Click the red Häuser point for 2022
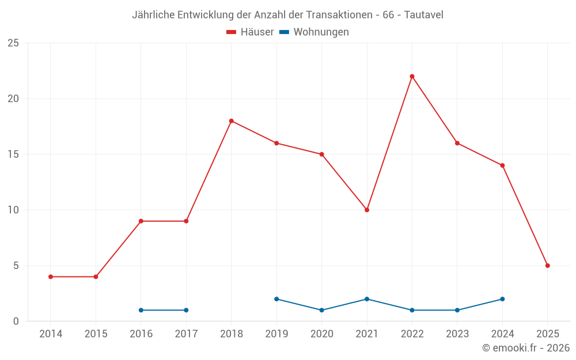412,76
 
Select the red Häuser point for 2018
231,121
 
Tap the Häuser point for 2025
547,266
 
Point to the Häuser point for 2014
51,276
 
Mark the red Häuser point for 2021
367,210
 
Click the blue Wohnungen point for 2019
276,299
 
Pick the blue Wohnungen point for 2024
502,299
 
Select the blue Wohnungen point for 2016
141,310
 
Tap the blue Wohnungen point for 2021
367,299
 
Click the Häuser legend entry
250,32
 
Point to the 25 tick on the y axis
13,43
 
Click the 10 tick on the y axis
13,210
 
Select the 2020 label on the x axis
321,334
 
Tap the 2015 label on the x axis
96,334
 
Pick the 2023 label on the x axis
457,334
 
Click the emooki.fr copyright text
525,348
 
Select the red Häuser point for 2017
186,221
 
